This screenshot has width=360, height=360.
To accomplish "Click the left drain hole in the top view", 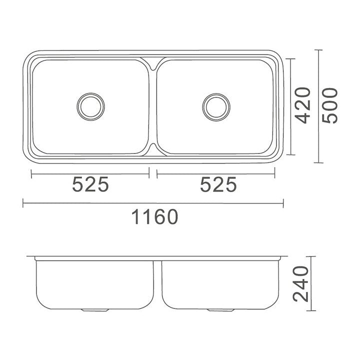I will [x=90, y=105].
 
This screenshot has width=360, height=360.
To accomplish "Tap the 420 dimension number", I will [x=303, y=105].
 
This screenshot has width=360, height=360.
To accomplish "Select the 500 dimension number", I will [x=330, y=105].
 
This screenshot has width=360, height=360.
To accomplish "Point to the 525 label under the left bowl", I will [x=90, y=185].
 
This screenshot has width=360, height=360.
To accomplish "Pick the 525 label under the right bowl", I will [x=218, y=185].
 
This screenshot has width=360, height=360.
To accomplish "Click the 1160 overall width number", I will [x=154, y=217].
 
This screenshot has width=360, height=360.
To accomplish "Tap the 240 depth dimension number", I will [x=301, y=284].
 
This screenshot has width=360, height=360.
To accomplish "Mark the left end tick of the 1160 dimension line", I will [x=23, y=202].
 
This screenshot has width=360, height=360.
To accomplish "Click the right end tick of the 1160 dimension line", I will [x=283, y=202].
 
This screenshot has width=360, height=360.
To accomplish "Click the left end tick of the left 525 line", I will [x=31, y=173].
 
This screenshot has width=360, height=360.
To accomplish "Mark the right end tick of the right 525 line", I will [x=275, y=173].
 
